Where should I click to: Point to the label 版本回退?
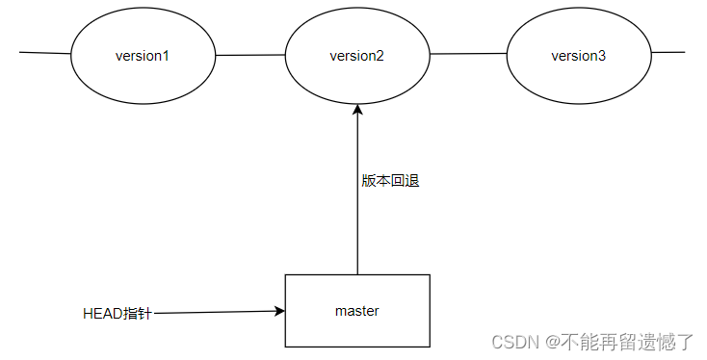tap(390, 181)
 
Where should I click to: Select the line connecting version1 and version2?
tap(250, 55)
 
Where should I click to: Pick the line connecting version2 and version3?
tap(468, 55)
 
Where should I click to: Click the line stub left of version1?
tap(44, 54)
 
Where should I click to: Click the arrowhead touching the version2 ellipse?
tap(357, 110)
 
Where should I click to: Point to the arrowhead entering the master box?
tap(279, 311)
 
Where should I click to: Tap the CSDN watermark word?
tap(511, 342)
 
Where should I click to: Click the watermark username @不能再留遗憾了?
tap(620, 342)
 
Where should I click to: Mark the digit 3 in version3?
tap(602, 56)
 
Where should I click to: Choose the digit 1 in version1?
tap(166, 56)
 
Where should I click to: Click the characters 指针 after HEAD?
tap(139, 314)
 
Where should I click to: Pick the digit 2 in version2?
tap(380, 56)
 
